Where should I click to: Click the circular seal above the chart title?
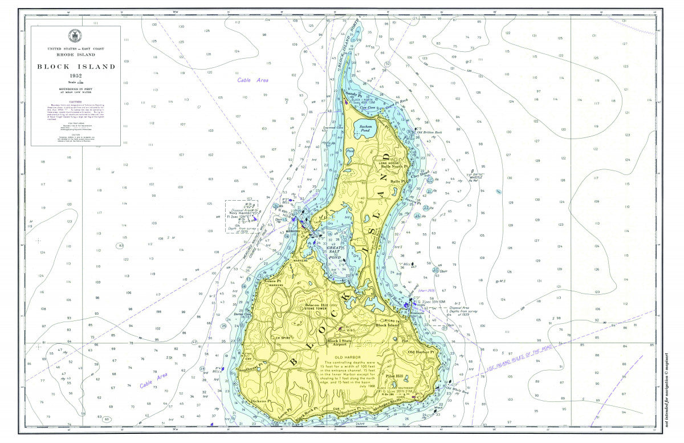(x=75, y=36)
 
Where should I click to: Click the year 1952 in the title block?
(x=76, y=76)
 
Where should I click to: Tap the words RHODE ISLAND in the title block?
(x=76, y=56)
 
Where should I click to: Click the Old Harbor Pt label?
(x=421, y=352)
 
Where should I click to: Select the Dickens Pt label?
(x=260, y=402)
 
